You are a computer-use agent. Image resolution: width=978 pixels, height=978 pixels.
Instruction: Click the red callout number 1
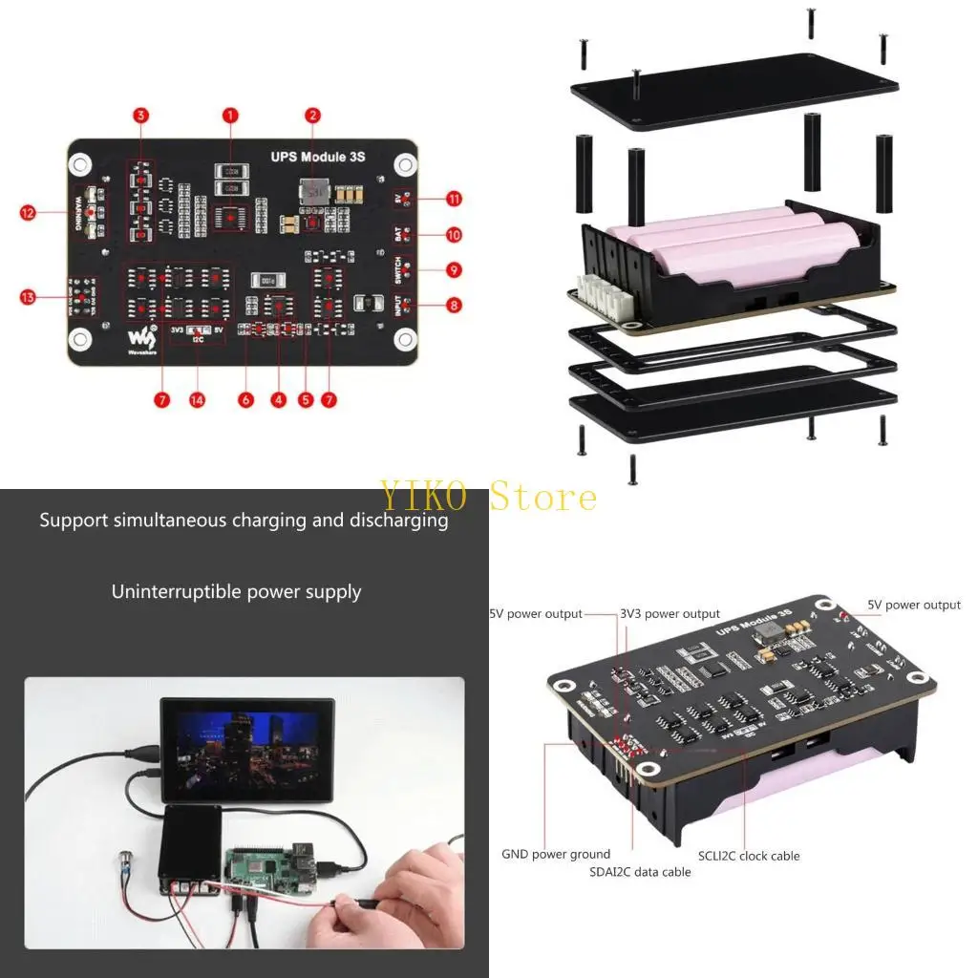point(230,116)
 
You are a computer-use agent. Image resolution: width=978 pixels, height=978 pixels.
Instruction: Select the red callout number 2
point(312,116)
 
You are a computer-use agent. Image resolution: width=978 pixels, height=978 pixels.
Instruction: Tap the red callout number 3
point(141,116)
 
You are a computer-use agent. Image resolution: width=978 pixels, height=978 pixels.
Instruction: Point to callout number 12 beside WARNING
point(28,212)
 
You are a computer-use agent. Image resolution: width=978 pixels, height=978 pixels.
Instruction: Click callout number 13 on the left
point(28,298)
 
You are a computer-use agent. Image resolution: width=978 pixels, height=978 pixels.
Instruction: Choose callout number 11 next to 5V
point(454,199)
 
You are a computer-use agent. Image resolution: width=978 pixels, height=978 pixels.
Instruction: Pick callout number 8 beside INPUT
point(454,306)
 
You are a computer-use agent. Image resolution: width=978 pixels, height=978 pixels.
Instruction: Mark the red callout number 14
point(197,400)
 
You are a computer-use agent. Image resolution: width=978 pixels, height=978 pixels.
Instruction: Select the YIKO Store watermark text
point(489,497)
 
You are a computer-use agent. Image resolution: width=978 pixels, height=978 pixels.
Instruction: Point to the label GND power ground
point(556,854)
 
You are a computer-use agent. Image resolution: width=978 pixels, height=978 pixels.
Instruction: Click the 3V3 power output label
point(670,614)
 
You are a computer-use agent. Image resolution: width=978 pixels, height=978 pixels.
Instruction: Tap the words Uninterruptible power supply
point(236,592)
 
